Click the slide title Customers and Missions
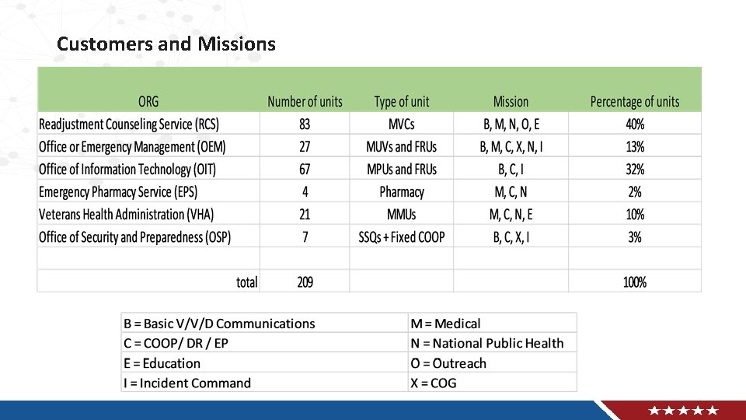click(166, 44)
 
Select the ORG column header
click(148, 102)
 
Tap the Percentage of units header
click(634, 102)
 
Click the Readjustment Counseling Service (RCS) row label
click(129, 124)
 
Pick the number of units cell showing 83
click(305, 124)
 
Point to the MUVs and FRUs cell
click(401, 147)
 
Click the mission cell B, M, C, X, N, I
click(511, 147)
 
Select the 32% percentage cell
click(635, 170)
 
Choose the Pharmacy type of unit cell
click(402, 192)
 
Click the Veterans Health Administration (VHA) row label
click(126, 215)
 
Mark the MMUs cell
click(402, 215)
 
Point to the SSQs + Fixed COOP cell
click(402, 237)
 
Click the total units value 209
click(305, 282)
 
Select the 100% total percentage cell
click(635, 282)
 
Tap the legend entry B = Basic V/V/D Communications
click(219, 324)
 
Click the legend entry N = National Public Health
click(487, 343)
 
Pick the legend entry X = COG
click(434, 383)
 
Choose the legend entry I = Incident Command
click(187, 383)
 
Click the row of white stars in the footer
click(684, 411)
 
